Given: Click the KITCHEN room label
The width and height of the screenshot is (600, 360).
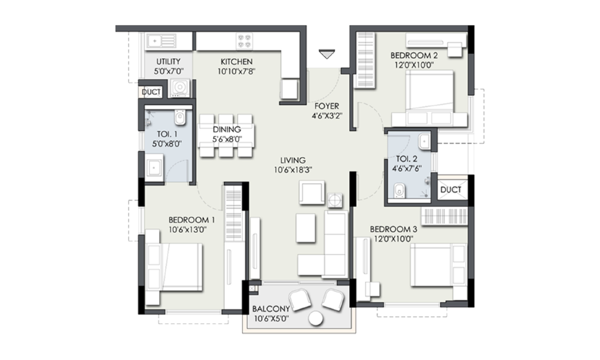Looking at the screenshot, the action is [x=236, y=62].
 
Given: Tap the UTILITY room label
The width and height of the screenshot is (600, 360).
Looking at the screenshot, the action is [x=169, y=62].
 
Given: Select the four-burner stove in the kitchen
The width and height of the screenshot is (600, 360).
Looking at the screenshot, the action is [x=245, y=41].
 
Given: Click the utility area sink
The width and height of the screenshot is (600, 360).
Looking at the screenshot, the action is [x=161, y=41].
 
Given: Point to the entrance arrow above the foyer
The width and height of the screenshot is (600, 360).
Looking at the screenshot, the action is [x=327, y=54].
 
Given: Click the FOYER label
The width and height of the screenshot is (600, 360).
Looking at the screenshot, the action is [x=327, y=106].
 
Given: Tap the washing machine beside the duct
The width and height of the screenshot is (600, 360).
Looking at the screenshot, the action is [x=179, y=88].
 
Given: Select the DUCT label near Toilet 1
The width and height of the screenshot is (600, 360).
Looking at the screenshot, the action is [x=151, y=92].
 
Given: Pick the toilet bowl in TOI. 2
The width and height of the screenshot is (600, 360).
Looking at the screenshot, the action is [x=400, y=190].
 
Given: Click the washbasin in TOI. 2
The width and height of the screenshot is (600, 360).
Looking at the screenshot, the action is [x=424, y=142].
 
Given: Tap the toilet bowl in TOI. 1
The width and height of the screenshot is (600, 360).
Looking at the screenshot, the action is [x=180, y=117].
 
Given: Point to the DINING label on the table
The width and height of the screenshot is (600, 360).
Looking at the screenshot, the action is [x=227, y=130].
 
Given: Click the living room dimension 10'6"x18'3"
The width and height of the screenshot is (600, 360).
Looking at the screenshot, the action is [x=293, y=170].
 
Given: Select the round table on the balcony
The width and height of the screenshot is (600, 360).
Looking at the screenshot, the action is [x=316, y=319].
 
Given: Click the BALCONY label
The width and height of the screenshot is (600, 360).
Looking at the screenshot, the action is [x=271, y=309].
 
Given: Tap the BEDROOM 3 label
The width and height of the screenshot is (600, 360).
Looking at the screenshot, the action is [x=394, y=229].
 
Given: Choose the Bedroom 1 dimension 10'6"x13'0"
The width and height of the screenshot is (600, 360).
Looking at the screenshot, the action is [x=188, y=230].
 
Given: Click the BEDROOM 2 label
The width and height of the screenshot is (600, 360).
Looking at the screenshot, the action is [x=414, y=55].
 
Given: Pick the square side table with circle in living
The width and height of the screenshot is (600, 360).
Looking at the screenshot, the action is [x=335, y=200].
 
